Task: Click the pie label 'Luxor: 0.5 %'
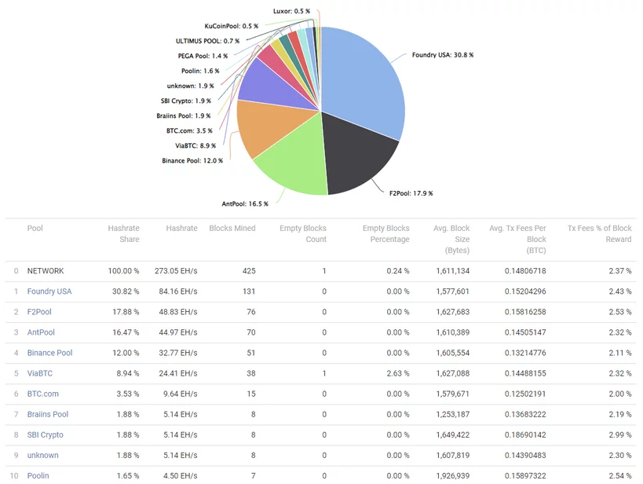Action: pyautogui.click(x=291, y=12)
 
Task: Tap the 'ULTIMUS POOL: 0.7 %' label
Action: pyautogui.click(x=208, y=41)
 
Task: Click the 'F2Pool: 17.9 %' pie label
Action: pyautogui.click(x=411, y=192)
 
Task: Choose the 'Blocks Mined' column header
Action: pyautogui.click(x=232, y=229)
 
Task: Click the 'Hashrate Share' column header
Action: pyautogui.click(x=123, y=233)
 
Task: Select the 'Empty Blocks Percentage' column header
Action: pyautogui.click(x=385, y=233)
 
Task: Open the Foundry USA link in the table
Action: pyautogui.click(x=49, y=291)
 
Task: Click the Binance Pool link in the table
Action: pyautogui.click(x=49, y=353)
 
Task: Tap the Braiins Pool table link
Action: pyautogui.click(x=47, y=414)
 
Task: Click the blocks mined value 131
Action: pyautogui.click(x=248, y=291)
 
